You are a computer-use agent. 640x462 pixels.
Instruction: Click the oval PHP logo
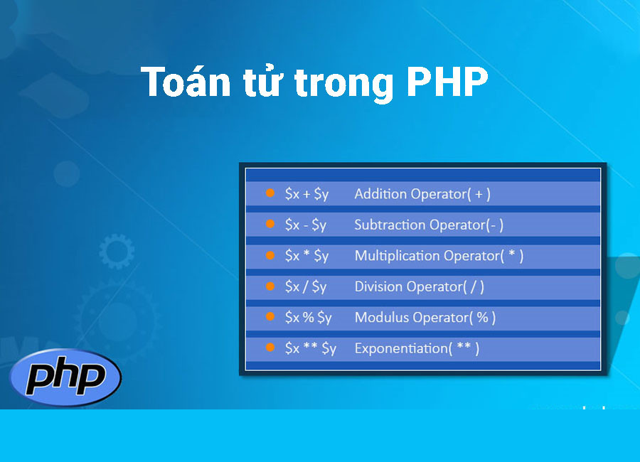[65, 377]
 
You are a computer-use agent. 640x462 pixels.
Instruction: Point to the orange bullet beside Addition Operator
[270, 193]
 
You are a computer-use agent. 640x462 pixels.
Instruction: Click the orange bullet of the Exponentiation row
[270, 348]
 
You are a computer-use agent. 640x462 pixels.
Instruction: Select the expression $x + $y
[306, 194]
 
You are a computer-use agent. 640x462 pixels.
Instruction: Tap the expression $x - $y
[306, 225]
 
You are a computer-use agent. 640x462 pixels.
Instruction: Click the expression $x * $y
[306, 256]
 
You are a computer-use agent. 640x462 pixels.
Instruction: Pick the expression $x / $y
[306, 287]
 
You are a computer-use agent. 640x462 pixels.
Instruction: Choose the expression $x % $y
[308, 318]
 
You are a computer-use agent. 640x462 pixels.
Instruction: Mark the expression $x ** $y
[311, 348]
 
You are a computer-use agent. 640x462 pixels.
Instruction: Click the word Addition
[381, 194]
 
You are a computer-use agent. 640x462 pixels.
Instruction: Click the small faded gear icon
[117, 251]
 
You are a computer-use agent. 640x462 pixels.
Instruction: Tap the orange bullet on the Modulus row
[270, 316]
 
